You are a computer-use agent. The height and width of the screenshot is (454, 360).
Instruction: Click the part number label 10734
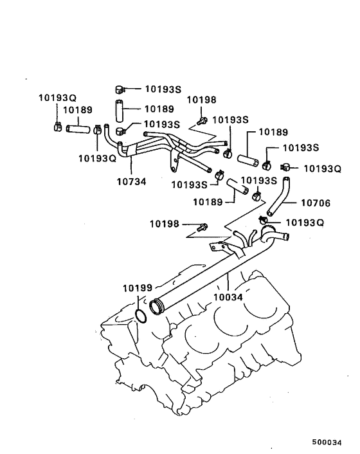pos(132,182)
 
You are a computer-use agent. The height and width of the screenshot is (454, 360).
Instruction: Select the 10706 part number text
pos(315,203)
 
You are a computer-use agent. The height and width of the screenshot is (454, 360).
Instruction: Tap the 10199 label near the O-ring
pos(137,289)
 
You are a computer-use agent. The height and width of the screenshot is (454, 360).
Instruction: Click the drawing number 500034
pos(326,442)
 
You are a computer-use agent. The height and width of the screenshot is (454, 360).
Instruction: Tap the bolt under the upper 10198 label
pos(203,120)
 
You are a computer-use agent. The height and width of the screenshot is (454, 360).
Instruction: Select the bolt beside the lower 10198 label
pos(204,226)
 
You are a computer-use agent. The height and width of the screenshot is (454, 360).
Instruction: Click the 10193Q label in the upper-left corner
pos(57,98)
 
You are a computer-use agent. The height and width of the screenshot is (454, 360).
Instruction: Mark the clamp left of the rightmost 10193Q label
pos(287,168)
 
